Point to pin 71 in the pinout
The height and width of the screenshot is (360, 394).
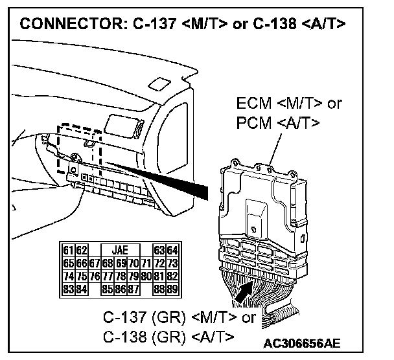tap(145, 264)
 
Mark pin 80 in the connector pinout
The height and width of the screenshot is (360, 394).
tap(145, 276)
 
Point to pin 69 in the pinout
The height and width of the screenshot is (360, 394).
tap(120, 264)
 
